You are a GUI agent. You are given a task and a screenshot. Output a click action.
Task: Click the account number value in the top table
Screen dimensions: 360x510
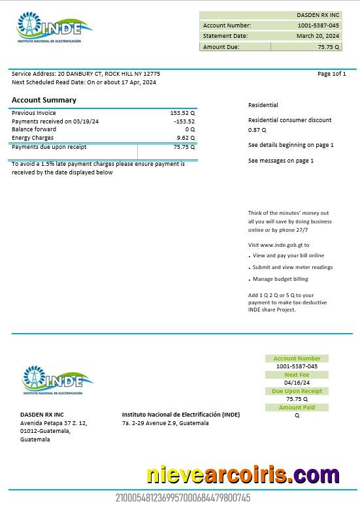[318, 25]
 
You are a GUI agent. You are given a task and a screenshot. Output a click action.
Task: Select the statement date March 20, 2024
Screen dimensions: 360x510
[318, 36]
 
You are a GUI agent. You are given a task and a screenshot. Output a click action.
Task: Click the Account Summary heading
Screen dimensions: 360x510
[44, 100]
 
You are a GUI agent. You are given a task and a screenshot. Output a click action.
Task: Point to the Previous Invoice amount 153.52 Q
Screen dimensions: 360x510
[182, 113]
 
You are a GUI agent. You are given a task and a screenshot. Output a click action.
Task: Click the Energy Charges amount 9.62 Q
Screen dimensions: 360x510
[186, 138]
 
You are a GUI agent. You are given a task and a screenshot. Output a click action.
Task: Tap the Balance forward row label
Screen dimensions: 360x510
[34, 129]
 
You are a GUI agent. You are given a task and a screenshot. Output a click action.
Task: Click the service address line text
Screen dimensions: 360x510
[86, 74]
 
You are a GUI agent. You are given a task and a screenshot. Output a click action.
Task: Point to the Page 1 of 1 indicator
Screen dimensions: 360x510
[331, 74]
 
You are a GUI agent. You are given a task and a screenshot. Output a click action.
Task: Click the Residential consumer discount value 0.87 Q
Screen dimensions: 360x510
[257, 130]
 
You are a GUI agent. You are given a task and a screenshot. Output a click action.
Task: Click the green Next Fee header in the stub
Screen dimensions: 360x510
[297, 375]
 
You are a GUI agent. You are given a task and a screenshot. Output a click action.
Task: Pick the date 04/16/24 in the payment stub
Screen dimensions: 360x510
[297, 383]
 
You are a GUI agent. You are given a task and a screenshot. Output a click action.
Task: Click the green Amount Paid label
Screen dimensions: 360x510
[297, 407]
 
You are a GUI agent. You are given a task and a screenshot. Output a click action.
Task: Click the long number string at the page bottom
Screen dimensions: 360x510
[183, 498]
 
